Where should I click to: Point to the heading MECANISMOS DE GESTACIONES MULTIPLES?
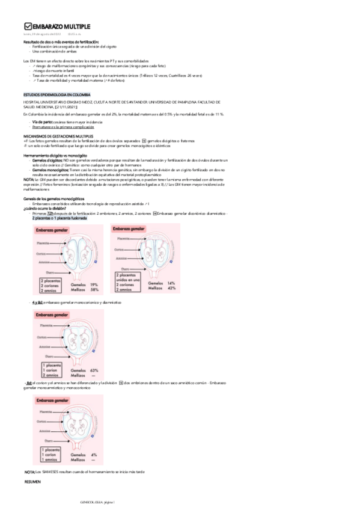click(x=54, y=137)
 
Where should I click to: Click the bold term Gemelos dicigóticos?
click(x=47, y=161)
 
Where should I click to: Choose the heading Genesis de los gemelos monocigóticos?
click(x=53, y=198)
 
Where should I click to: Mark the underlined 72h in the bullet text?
click(x=49, y=214)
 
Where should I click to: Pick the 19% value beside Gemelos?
click(x=93, y=284)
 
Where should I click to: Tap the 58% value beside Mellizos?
click(x=93, y=289)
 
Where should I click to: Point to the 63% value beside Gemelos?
click(x=93, y=370)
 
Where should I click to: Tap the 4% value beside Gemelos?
click(x=93, y=455)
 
